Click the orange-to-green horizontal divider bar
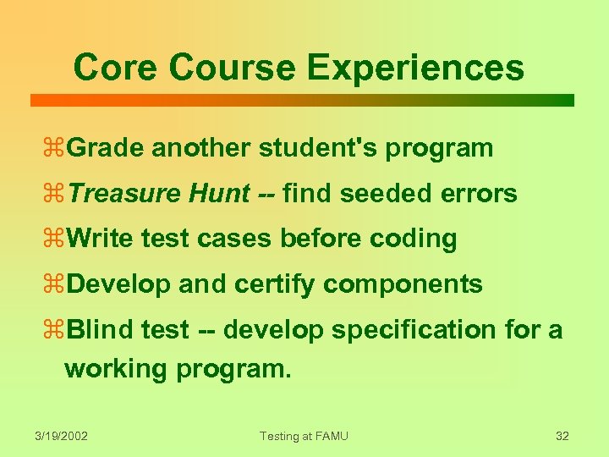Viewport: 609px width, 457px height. point(302,100)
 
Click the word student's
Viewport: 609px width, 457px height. point(318,148)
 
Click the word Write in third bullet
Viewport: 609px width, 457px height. point(100,240)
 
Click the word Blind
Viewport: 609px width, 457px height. point(96,330)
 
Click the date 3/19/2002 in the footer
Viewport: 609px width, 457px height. point(62,436)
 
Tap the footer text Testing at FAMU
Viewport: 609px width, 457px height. point(304,436)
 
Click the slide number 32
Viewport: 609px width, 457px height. point(562,436)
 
